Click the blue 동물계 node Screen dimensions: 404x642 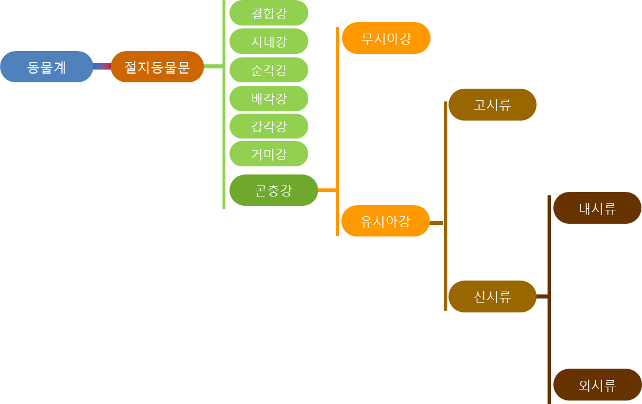[46, 67]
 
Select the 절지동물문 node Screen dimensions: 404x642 [157, 67]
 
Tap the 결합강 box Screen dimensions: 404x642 [269, 13]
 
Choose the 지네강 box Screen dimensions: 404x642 [269, 41]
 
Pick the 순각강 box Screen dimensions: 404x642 [269, 70]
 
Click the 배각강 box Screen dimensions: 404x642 [269, 98]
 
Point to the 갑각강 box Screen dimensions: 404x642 [269, 126]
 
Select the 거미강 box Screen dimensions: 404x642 [269, 154]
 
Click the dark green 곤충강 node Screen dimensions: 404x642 [273, 190]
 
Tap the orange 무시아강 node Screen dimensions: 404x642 [386, 38]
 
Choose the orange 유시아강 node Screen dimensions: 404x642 [385, 221]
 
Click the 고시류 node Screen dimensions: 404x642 [492, 105]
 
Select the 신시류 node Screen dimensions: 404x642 [492, 297]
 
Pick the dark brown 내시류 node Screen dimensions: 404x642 [597, 208]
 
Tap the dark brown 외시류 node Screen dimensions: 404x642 [597, 385]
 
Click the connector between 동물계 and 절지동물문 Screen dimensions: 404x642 [102, 67]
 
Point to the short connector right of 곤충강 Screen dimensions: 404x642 [327, 190]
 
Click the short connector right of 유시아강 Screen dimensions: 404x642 [436, 223]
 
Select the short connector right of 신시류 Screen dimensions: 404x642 [542, 297]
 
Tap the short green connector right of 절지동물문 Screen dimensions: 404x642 [213, 67]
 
